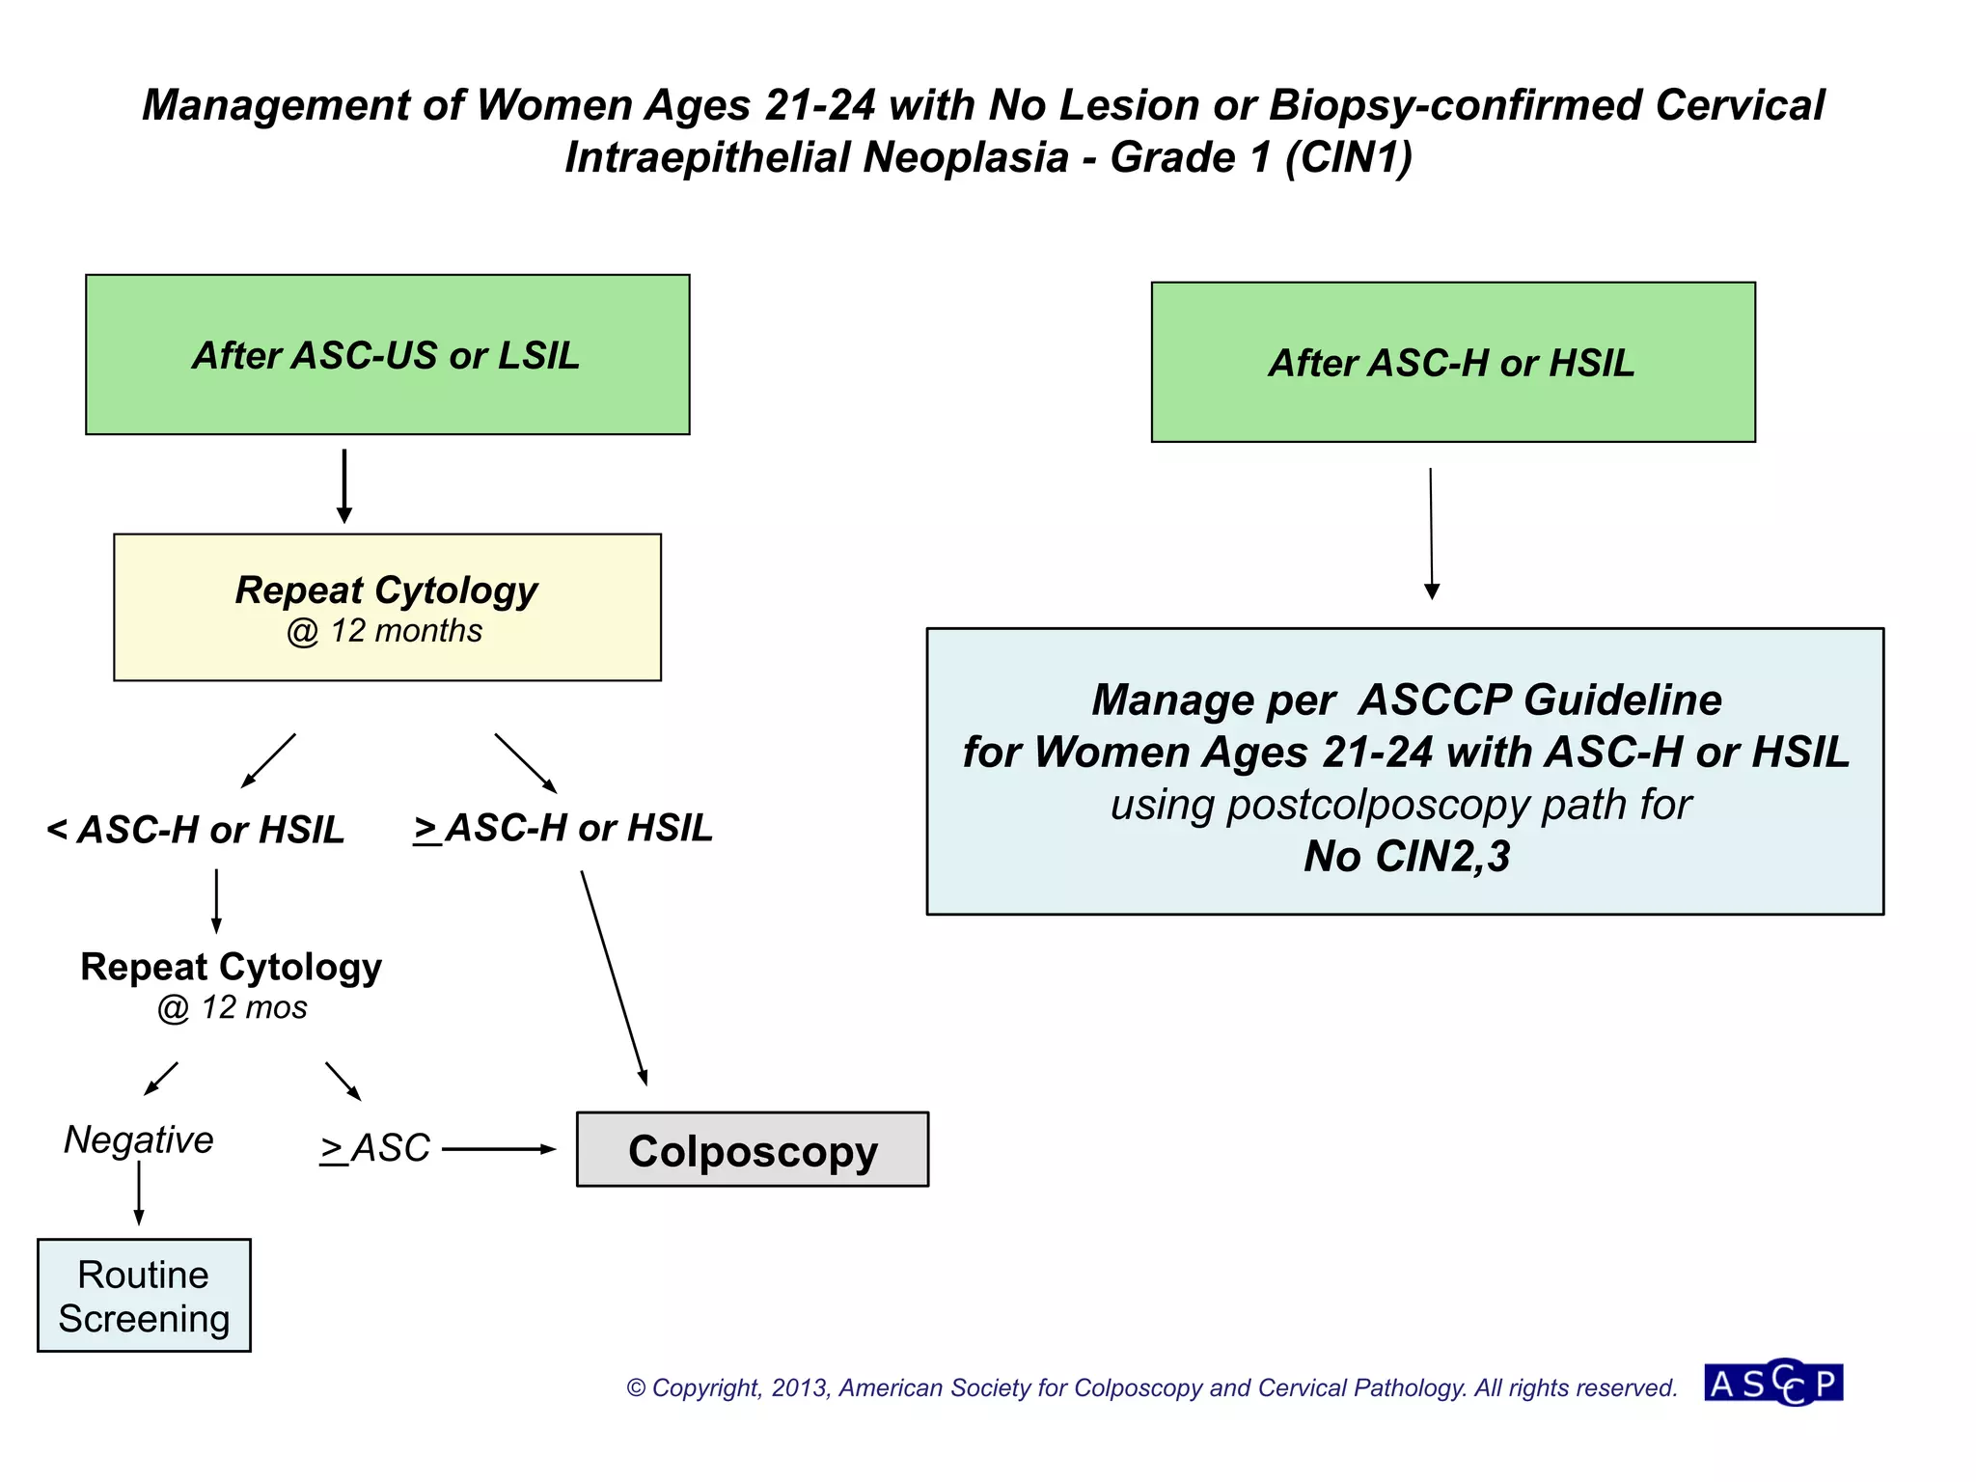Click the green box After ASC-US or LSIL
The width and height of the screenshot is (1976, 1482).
(387, 354)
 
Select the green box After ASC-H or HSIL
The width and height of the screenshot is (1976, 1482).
(1452, 362)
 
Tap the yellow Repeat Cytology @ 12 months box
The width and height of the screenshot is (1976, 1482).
(387, 607)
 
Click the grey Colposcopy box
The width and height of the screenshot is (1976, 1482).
(752, 1149)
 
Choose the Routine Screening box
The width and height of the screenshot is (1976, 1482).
(144, 1295)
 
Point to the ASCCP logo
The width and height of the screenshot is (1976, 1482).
(1772, 1383)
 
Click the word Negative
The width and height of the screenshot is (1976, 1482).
(139, 1139)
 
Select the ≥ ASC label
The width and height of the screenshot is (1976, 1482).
(375, 1148)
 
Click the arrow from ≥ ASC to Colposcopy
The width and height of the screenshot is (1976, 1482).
(498, 1149)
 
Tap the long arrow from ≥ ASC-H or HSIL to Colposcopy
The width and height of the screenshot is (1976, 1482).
(613, 976)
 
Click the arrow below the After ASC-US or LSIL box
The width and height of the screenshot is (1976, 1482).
(344, 485)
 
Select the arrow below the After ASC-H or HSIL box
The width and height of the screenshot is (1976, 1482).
(1431, 533)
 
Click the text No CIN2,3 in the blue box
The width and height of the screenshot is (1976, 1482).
(1406, 856)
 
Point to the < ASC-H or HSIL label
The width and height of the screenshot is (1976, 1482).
(196, 830)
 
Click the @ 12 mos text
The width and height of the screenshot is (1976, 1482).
(232, 1007)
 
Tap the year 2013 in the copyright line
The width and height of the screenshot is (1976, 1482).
(800, 1387)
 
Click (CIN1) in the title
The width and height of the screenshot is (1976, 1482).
(1348, 157)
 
